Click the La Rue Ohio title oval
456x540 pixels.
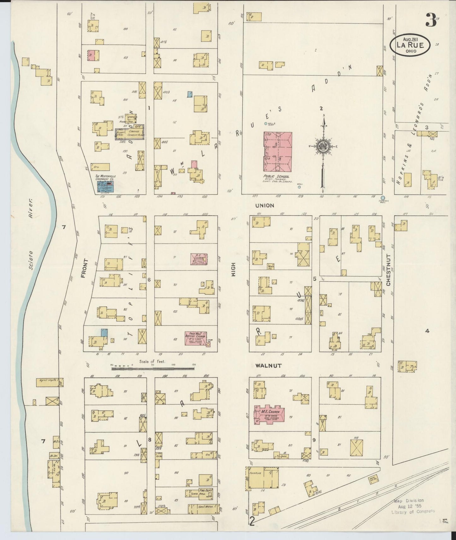(x=410, y=45)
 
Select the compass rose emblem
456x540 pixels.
(x=323, y=147)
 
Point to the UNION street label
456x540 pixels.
(x=264, y=205)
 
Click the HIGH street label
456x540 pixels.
(x=234, y=270)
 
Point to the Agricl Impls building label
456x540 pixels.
(x=48, y=381)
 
